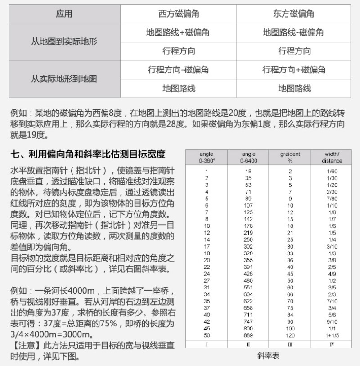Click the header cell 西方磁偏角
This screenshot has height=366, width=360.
coord(179,14)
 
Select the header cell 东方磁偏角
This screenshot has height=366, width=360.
coord(293,14)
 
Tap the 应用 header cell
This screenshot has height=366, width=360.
coord(64,14)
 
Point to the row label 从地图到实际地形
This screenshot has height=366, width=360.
coord(64,42)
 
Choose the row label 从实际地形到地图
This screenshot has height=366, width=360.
coord(64,79)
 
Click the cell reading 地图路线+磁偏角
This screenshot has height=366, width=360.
coord(179,32)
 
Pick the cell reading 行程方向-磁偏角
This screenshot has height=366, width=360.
coord(179,70)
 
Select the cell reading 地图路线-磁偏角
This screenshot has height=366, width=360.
coord(293,32)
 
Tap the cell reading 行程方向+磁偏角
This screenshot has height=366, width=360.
coord(293,70)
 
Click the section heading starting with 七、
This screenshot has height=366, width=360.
coord(88,154)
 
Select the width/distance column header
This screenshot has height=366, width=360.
coord(332,158)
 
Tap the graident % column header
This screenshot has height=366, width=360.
coord(290,158)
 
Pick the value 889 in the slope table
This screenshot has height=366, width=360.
coord(248,335)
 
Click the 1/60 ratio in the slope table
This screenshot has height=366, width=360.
coord(332,171)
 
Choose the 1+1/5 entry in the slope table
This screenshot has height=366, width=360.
coord(332,335)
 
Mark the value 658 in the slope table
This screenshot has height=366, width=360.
coord(248,307)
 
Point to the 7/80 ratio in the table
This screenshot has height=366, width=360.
coord(332,199)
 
